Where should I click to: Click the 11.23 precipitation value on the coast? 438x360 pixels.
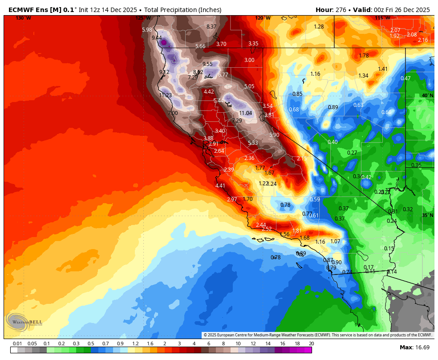pos(166,95)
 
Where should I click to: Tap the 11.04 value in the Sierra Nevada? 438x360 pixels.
pos(246,113)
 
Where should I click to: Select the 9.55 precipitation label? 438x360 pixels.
pos(207,64)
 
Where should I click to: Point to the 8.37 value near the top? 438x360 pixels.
pos(211,27)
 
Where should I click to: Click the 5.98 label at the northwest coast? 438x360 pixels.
pos(147,30)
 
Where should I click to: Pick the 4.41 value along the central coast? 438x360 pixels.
pos(220,186)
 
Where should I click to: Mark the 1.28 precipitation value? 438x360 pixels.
pos(319,27)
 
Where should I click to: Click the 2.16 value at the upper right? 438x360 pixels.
pos(423,40)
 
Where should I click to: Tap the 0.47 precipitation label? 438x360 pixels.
pos(406,78)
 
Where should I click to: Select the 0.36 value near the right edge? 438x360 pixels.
pos(416,165)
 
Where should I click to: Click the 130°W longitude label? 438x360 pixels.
pos(23,18)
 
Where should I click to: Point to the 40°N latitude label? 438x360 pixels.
pos(427,95)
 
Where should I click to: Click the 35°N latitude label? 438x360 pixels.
pos(427,215)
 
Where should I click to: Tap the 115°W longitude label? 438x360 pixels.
pos(382,18)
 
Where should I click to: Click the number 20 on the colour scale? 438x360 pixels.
pos(311,344)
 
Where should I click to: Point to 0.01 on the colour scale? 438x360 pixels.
pos(17,344)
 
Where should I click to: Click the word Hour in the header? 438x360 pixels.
pos(324,10)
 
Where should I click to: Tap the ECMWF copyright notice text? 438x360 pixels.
pos(317,335)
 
